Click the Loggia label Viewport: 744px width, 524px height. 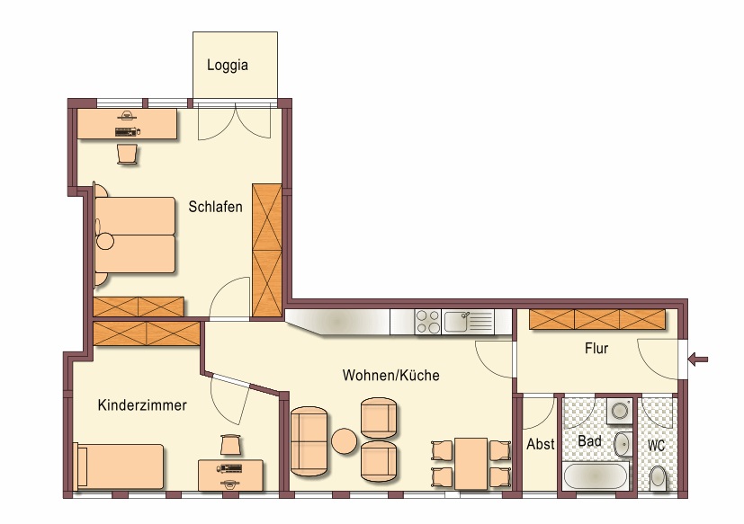pyautogui.click(x=228, y=65)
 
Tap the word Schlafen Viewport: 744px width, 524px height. pyautogui.click(x=215, y=207)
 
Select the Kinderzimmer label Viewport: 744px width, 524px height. pyautogui.click(x=142, y=405)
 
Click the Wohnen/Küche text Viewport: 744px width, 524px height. pyautogui.click(x=391, y=375)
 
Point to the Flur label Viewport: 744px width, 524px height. pyautogui.click(x=596, y=349)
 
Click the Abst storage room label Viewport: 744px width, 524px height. pyautogui.click(x=541, y=444)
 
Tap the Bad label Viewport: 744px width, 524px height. pyautogui.click(x=589, y=441)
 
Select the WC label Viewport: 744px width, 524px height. pyautogui.click(x=656, y=446)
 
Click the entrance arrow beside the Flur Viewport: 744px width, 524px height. pyautogui.click(x=698, y=359)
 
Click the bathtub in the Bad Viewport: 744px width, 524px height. pyautogui.click(x=596, y=475)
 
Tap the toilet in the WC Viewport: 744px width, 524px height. pyautogui.click(x=658, y=477)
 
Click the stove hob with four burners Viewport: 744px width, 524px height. pyautogui.click(x=427, y=322)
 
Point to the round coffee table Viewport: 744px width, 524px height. pyautogui.click(x=344, y=441)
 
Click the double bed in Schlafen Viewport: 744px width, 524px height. pyautogui.click(x=135, y=235)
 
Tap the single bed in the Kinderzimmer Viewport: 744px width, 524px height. pyautogui.click(x=119, y=466)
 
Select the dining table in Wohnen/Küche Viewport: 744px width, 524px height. pyautogui.click(x=471, y=464)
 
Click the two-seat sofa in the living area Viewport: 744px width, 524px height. pyautogui.click(x=309, y=441)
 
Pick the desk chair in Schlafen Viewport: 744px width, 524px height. pyautogui.click(x=128, y=154)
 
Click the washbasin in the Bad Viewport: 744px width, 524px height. pyautogui.click(x=622, y=444)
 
